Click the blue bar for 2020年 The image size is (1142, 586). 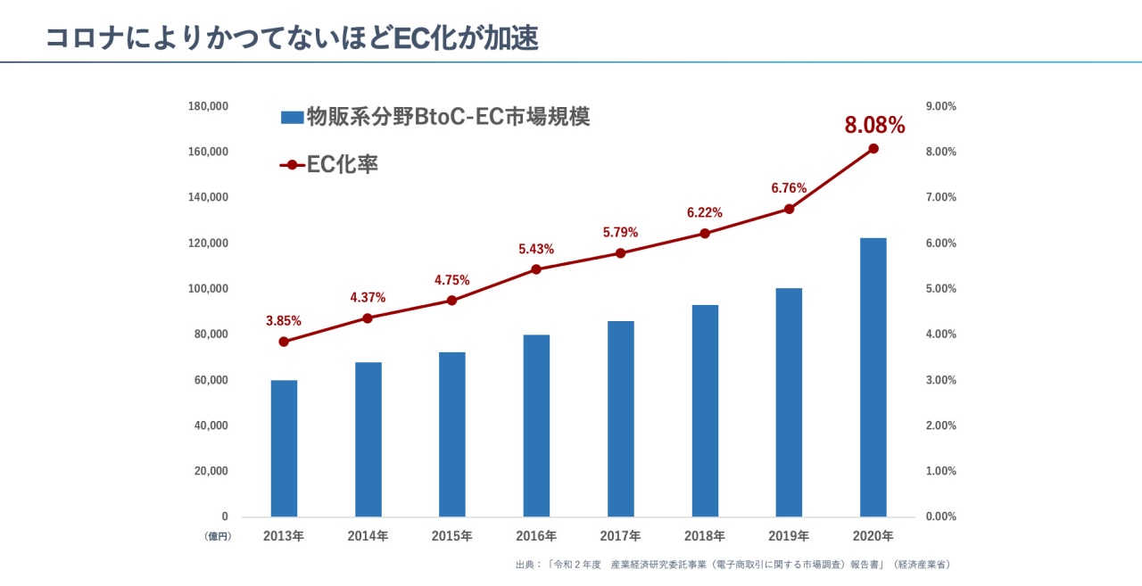point(873,376)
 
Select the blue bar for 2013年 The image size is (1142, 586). point(284,448)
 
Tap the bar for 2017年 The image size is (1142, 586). point(621,418)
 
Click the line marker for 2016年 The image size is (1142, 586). point(536,269)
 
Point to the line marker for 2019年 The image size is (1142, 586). point(789,209)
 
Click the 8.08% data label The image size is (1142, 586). point(874,126)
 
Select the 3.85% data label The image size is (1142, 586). point(284,320)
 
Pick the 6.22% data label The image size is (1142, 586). point(705,212)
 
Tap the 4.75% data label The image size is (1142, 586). point(451,280)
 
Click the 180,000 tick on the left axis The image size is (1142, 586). point(209,106)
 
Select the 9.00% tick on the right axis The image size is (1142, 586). point(941,106)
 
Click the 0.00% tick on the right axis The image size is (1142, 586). point(941,516)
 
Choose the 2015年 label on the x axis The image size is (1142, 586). point(451,536)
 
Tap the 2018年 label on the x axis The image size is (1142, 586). point(705,536)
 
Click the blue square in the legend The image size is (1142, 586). point(293,117)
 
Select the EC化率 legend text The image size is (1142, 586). point(343,164)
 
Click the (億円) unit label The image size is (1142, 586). point(217,536)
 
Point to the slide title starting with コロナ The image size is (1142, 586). point(291,37)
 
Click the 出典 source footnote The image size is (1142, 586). point(732,565)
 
